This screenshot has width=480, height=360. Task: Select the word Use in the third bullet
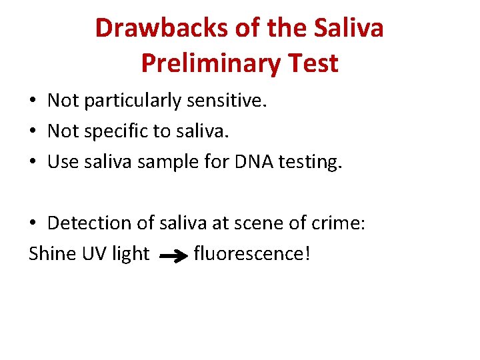[63, 163]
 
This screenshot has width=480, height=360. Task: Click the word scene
[259, 223]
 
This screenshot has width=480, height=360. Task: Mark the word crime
[339, 223]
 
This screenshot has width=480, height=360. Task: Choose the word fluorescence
[251, 254]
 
